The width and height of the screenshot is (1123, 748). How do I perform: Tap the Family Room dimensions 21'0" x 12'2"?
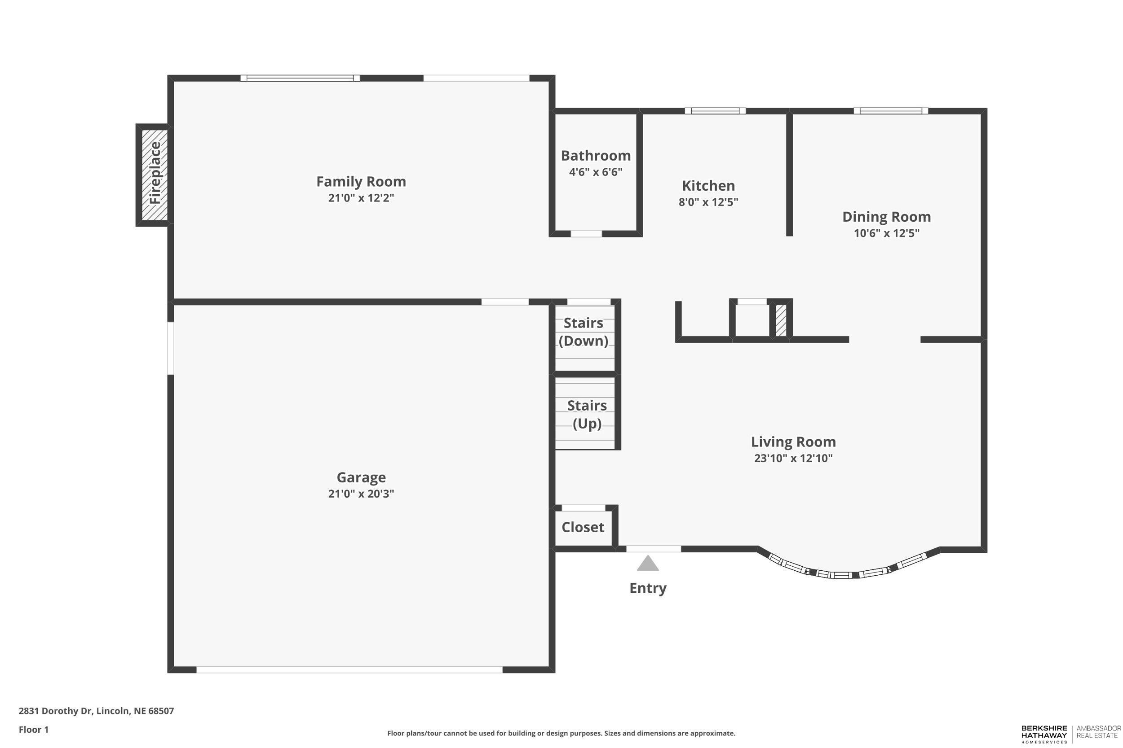pyautogui.click(x=361, y=198)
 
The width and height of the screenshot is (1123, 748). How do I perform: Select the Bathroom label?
pyautogui.click(x=595, y=156)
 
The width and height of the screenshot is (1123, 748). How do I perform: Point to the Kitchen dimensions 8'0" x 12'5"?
pyautogui.click(x=708, y=202)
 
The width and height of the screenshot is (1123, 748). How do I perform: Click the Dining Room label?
pyautogui.click(x=886, y=217)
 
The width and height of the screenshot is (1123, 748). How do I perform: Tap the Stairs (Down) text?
pyautogui.click(x=584, y=332)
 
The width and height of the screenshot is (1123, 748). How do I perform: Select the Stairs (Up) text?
pyautogui.click(x=587, y=415)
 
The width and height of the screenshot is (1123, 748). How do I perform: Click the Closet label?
pyautogui.click(x=583, y=527)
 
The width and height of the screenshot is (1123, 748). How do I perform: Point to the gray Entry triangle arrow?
pyautogui.click(x=647, y=564)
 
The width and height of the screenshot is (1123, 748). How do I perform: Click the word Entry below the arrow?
pyautogui.click(x=647, y=588)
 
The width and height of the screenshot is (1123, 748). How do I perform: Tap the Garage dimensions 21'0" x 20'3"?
pyautogui.click(x=361, y=494)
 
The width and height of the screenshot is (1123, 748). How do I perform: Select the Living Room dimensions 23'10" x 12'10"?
pyautogui.click(x=793, y=459)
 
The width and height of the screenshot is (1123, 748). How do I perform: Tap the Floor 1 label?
pyautogui.click(x=33, y=730)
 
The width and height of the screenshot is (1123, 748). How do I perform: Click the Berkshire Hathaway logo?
pyautogui.click(x=1044, y=734)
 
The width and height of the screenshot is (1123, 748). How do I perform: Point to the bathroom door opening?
pyautogui.click(x=586, y=234)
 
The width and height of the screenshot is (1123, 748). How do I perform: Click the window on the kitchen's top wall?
pyautogui.click(x=715, y=111)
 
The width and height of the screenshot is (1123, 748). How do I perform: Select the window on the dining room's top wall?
pyautogui.click(x=890, y=111)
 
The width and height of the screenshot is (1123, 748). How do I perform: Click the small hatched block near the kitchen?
pyautogui.click(x=781, y=320)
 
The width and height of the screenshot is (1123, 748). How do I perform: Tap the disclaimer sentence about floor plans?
pyautogui.click(x=561, y=733)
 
